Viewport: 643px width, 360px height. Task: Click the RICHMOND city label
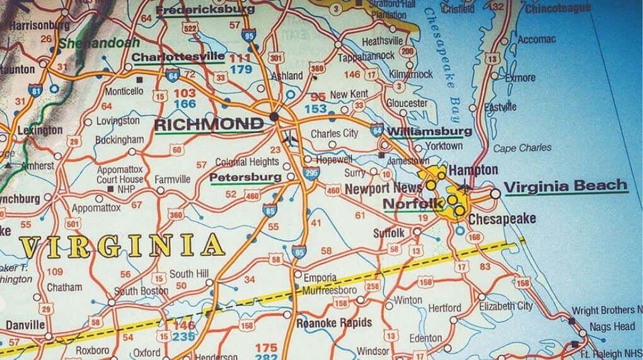pyautogui.click(x=209, y=124)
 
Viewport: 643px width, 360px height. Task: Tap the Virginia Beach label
pyautogui.click(x=566, y=185)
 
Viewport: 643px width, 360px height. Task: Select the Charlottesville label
pyautogui.click(x=178, y=57)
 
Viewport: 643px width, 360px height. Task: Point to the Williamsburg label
pyautogui.click(x=429, y=132)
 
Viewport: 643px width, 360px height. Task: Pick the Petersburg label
pyautogui.click(x=245, y=177)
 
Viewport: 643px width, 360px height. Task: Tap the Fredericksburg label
pyautogui.click(x=205, y=9)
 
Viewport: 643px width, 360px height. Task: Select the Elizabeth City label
pyautogui.click(x=505, y=306)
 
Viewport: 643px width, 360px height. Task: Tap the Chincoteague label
pyautogui.click(x=558, y=8)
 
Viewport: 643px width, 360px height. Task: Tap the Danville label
pyautogui.click(x=25, y=325)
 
